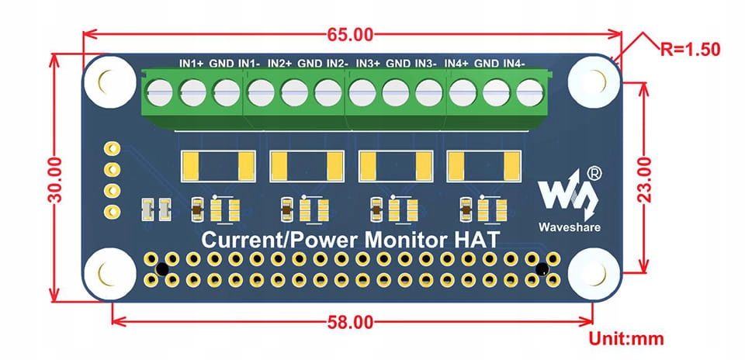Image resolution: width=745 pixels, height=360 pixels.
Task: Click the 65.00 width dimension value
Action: click(350, 34)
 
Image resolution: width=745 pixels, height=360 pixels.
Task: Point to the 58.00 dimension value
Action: click(350, 323)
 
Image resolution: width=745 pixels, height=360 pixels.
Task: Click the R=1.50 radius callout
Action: click(691, 49)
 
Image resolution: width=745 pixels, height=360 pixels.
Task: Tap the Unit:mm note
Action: click(626, 339)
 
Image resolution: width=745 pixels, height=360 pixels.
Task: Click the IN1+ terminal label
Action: click(191, 63)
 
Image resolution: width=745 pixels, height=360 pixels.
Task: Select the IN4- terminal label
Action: click(515, 63)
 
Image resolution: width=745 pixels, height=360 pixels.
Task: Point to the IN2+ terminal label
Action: click(279, 63)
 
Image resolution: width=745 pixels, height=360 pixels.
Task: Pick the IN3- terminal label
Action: click(426, 63)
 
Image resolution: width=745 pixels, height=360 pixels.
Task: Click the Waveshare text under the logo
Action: click(569, 227)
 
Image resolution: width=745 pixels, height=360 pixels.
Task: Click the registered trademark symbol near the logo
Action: click(594, 173)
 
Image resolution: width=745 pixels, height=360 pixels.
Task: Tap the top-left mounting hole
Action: click(109, 81)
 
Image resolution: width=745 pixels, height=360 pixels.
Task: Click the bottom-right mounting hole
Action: click(594, 274)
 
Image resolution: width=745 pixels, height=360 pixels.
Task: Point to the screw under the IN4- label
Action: click(530, 92)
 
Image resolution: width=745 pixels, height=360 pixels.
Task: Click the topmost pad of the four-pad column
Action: click(112, 149)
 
